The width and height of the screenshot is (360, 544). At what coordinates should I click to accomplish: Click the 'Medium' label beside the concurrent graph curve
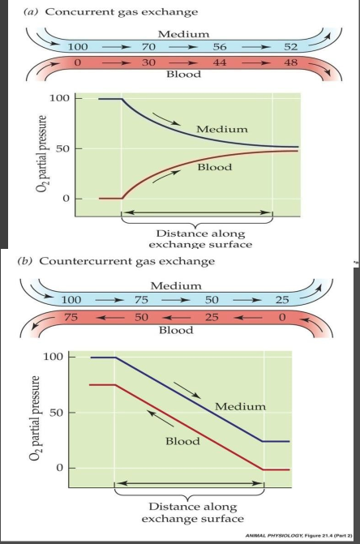tap(224, 130)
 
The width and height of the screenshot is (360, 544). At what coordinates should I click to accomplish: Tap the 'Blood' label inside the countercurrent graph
tap(183, 441)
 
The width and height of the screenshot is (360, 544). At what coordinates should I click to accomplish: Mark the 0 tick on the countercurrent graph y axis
tap(68, 469)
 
